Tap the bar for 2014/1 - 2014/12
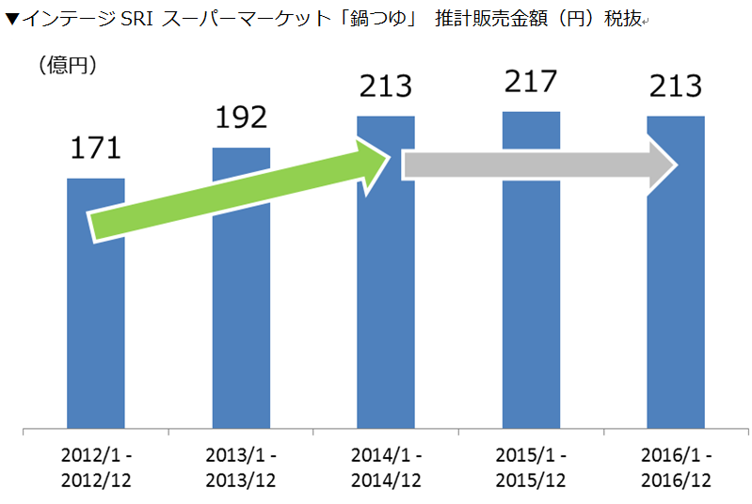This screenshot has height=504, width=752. point(386,310)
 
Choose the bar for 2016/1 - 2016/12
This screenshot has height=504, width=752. point(676,310)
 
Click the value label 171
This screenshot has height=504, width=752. point(96,149)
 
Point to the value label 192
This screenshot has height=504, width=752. point(241,118)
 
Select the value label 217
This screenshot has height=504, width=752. point(531,82)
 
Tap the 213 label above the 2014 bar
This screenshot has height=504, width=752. point(386,87)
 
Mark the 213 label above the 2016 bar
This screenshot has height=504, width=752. point(676,87)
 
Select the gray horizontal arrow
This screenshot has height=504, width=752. point(536,165)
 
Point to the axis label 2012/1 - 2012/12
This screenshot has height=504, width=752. point(96,467)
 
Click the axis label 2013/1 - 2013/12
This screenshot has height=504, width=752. point(241,467)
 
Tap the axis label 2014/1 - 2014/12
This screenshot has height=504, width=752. point(386,467)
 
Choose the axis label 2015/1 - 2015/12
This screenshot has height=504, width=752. point(531,467)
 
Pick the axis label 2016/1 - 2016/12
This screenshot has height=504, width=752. point(676,467)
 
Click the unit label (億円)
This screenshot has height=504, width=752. point(68,65)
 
